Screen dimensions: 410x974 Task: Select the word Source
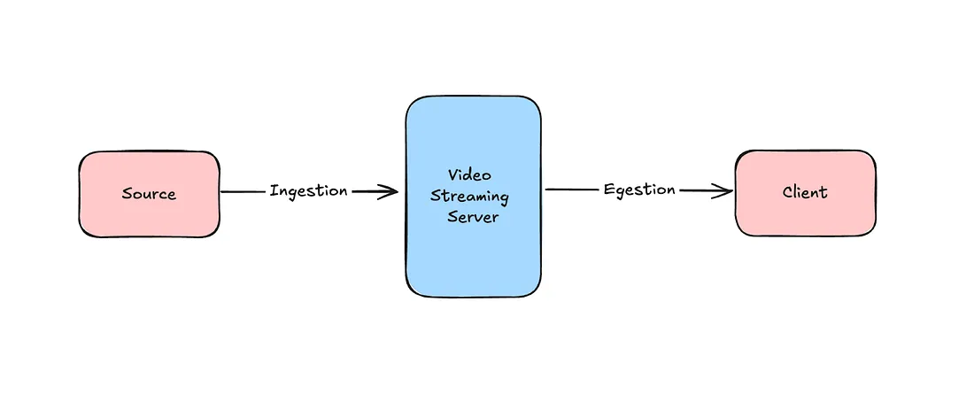[149, 194]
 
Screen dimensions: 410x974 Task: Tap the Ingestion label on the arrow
[308, 190]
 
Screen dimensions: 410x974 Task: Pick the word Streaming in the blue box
[469, 196]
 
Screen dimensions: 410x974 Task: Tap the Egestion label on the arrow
[639, 190]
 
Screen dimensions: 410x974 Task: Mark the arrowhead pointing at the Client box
[724, 190]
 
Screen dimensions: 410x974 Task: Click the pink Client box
[805, 217]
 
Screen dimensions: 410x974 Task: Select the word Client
[805, 192]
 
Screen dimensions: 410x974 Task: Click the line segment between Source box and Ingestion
[243, 191]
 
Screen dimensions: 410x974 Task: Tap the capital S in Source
[128, 194]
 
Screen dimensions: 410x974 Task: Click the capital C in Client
[787, 192]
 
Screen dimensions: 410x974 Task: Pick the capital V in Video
[452, 175]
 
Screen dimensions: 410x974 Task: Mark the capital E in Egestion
[609, 190]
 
